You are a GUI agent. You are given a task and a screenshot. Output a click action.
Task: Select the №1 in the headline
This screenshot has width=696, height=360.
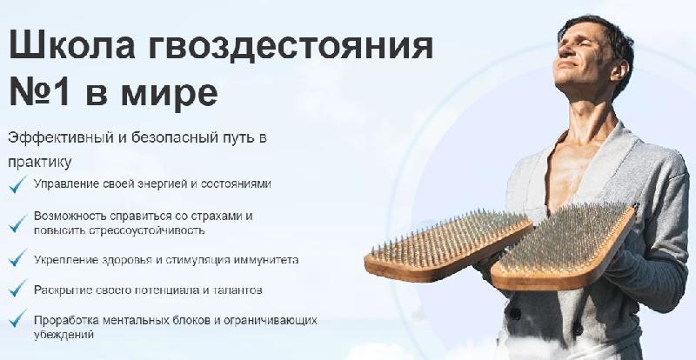click(39, 91)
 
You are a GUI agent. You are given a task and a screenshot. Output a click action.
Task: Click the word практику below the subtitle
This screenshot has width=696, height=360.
click(39, 163)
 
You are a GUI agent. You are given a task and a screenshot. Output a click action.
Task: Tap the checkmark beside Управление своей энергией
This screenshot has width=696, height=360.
click(17, 184)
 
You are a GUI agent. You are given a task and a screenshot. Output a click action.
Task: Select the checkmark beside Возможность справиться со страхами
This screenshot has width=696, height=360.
click(17, 223)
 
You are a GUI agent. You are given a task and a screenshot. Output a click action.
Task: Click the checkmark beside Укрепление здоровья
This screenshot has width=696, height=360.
click(17, 257)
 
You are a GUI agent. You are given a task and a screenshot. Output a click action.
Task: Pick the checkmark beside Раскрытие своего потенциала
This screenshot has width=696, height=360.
click(17, 288)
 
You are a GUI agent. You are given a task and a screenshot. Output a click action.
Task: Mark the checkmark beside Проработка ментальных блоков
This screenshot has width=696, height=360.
click(17, 318)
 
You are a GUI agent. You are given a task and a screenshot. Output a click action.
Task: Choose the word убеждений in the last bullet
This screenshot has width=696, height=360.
click(64, 334)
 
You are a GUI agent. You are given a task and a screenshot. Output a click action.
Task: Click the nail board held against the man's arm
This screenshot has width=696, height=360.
click(564, 246)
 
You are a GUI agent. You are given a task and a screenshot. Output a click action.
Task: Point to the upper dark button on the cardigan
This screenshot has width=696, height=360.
click(516, 314)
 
